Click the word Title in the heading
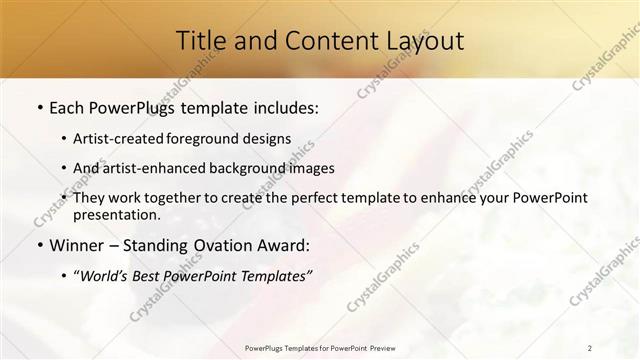click(x=200, y=41)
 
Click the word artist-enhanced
click(x=155, y=169)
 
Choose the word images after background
click(x=310, y=169)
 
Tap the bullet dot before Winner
click(x=39, y=246)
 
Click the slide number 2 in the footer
click(x=590, y=348)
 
